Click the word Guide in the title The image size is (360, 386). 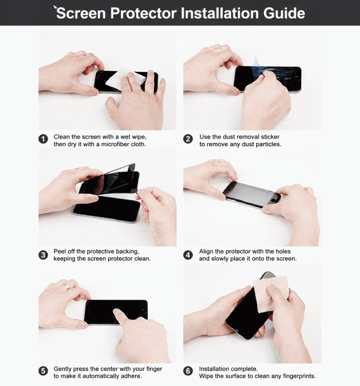click(x=284, y=13)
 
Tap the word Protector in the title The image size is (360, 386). click(x=144, y=13)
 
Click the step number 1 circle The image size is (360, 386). click(x=43, y=139)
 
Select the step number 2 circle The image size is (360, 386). click(x=188, y=139)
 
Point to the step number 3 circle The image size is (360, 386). click(x=43, y=255)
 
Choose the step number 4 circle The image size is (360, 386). click(x=188, y=255)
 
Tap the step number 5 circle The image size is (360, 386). click(x=43, y=371)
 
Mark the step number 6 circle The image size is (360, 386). click(x=188, y=371)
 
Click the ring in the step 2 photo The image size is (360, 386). click(x=218, y=49)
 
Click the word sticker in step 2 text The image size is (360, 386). click(x=270, y=137)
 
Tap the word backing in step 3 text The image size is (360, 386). click(x=127, y=252)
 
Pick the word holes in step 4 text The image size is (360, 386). click(x=283, y=251)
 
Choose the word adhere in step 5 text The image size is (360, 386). click(x=132, y=376)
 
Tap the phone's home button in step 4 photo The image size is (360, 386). click(x=273, y=200)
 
